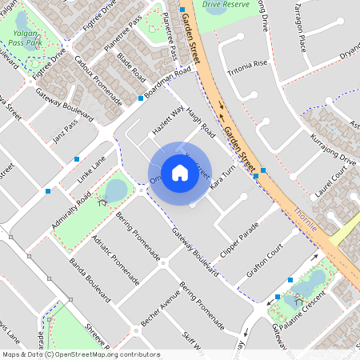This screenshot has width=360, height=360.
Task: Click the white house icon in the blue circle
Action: (x=179, y=172)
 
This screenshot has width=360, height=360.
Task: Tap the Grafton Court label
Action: (x=266, y=261)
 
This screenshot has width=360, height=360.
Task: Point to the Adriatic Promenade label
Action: (x=110, y=250)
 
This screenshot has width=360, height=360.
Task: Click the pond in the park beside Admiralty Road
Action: (x=116, y=190)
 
